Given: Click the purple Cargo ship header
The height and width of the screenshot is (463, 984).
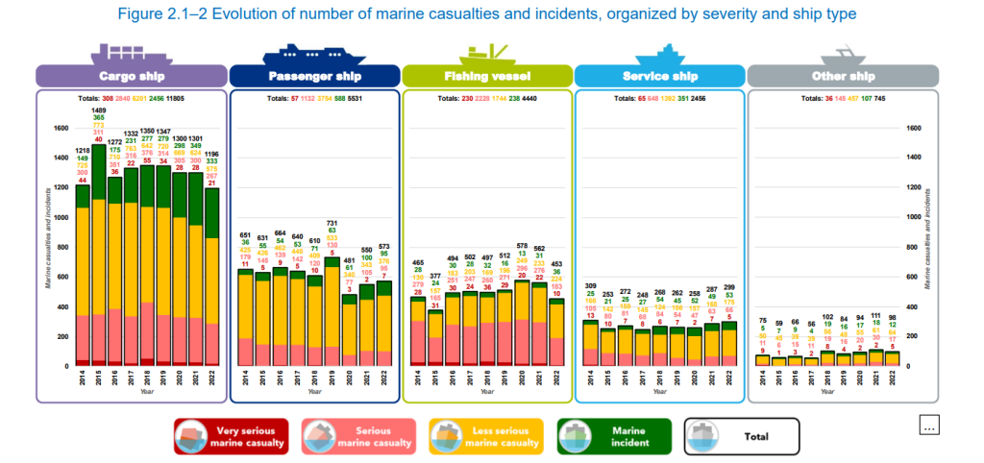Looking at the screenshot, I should pyautogui.click(x=131, y=76).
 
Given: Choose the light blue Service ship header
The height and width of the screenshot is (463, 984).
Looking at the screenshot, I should pyautogui.click(x=659, y=76).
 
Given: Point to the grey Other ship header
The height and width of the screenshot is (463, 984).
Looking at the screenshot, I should pyautogui.click(x=843, y=76).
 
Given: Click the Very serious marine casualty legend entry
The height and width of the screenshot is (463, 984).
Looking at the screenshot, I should pyautogui.click(x=233, y=437).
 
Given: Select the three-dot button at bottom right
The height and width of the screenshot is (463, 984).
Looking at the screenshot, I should pyautogui.click(x=929, y=425).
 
